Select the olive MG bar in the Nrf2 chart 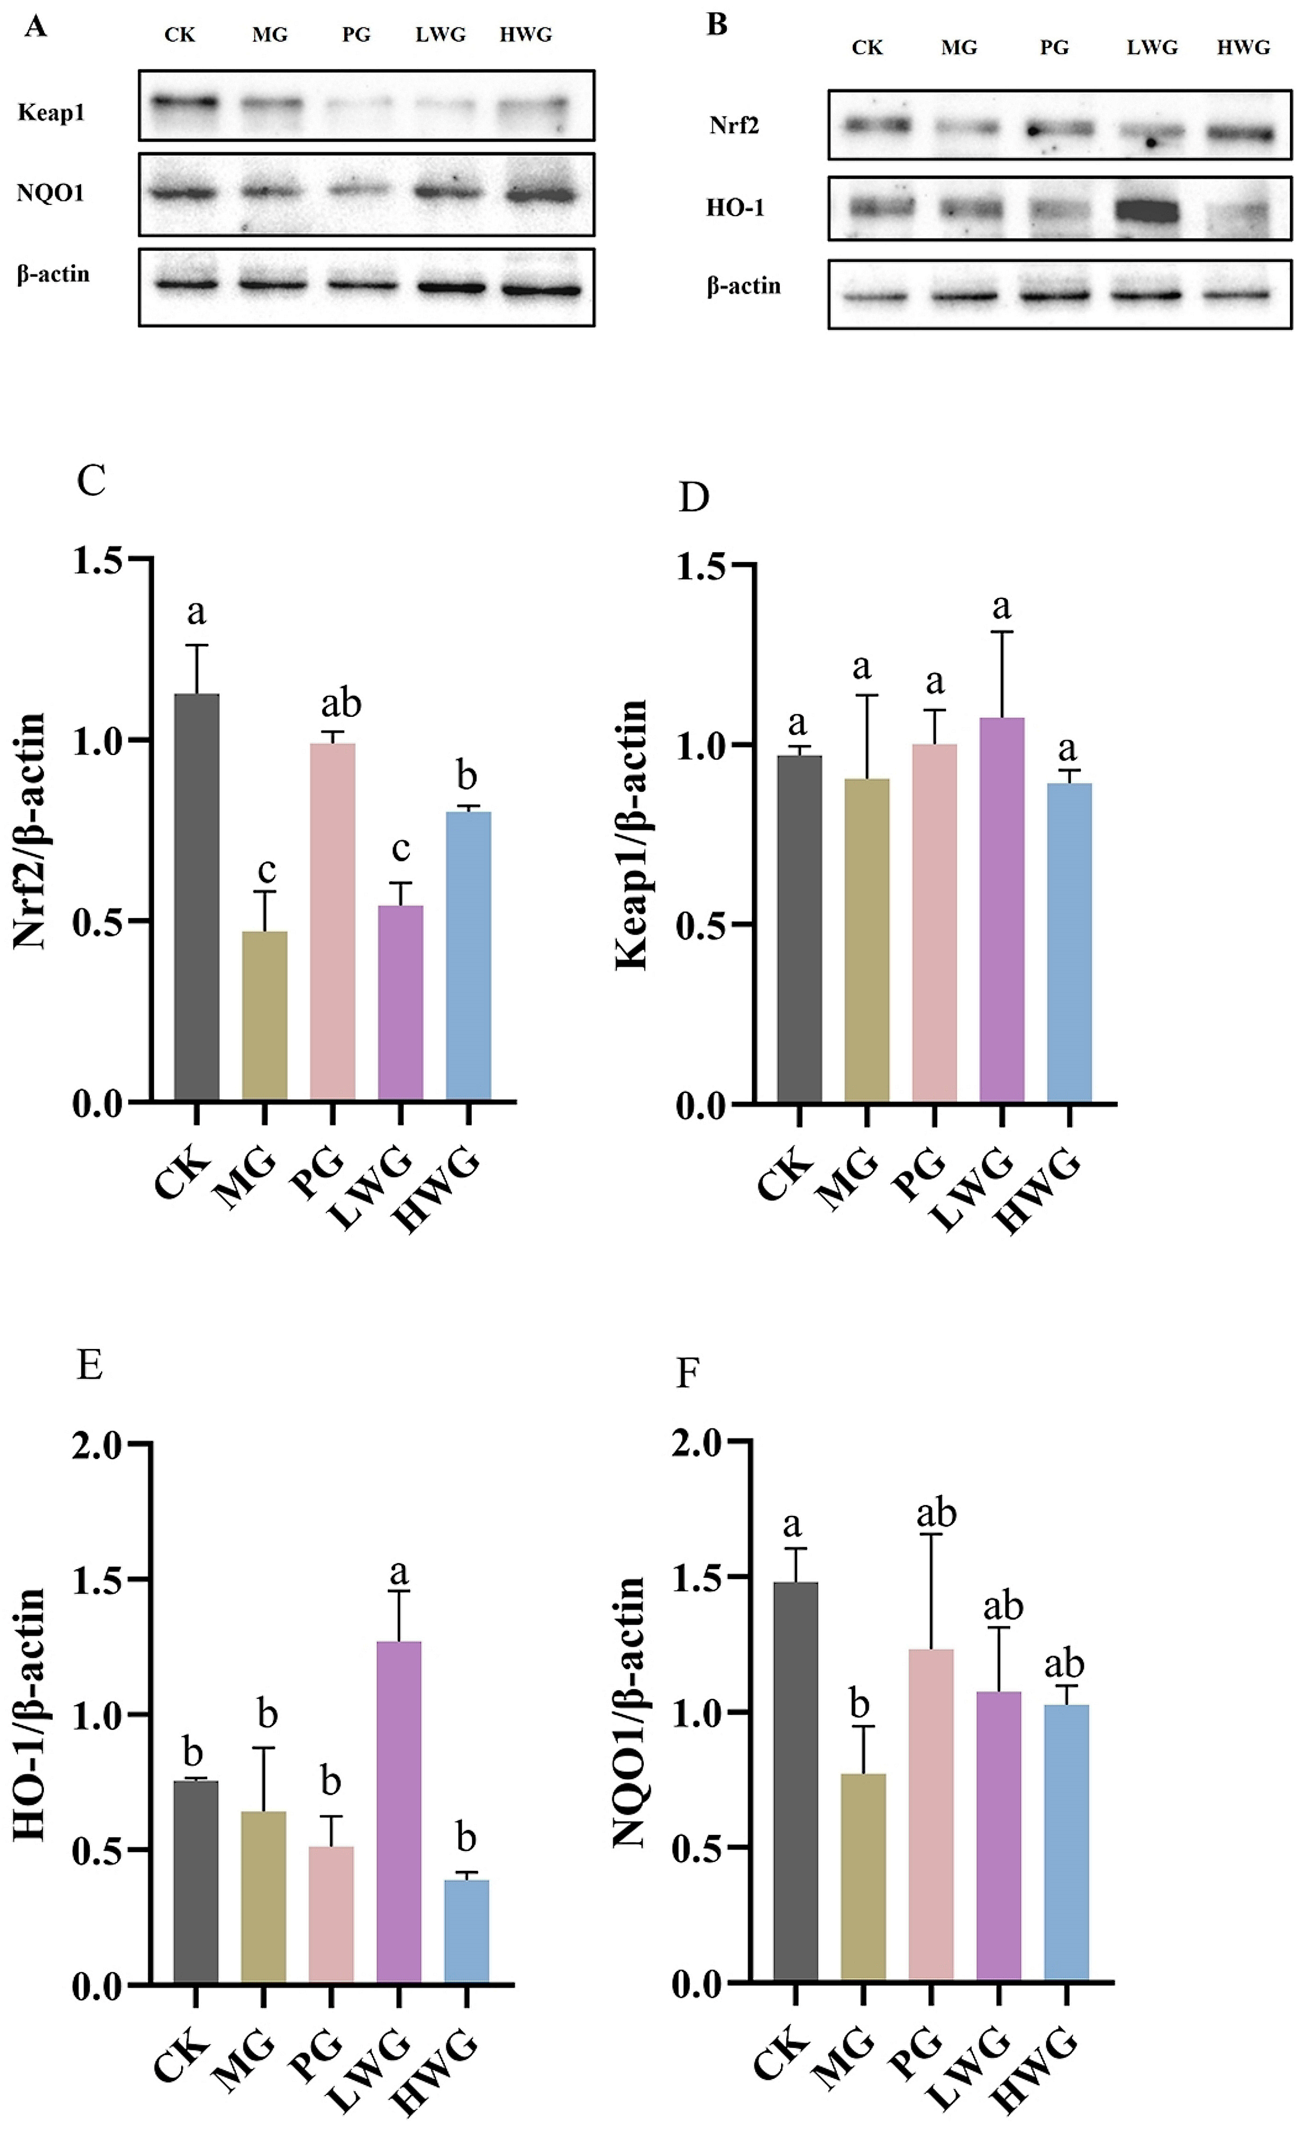coord(265,1016)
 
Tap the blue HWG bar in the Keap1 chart coord(1069,942)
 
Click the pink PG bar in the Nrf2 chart coord(332,921)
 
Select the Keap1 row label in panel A coord(51,113)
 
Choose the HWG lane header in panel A coord(525,35)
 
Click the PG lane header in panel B coord(1054,48)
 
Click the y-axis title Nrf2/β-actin coord(30,832)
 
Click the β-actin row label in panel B coord(743,286)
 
